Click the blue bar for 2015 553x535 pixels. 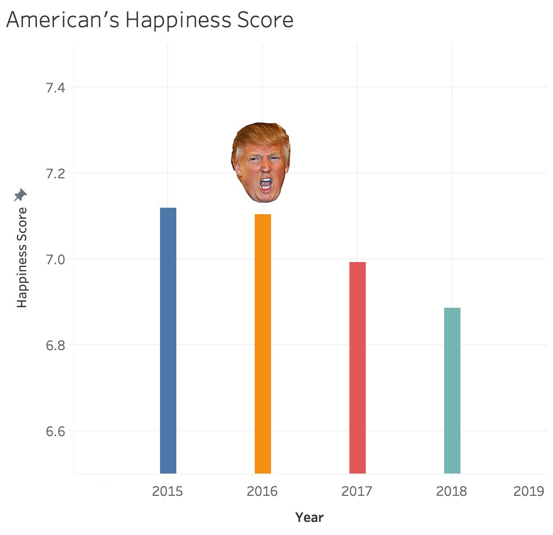pos(168,340)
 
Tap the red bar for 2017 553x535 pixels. pos(358,368)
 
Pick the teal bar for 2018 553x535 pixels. pos(452,390)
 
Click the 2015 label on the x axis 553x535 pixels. pos(168,492)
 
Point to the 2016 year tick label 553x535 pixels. pos(262,492)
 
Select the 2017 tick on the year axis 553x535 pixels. pos(357,492)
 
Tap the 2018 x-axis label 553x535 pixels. pos(452,492)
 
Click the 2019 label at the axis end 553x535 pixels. pos(529,492)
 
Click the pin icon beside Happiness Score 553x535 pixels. pos(21,195)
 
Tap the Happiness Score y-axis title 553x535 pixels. pos(22,257)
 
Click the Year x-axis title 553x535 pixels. pos(309,518)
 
